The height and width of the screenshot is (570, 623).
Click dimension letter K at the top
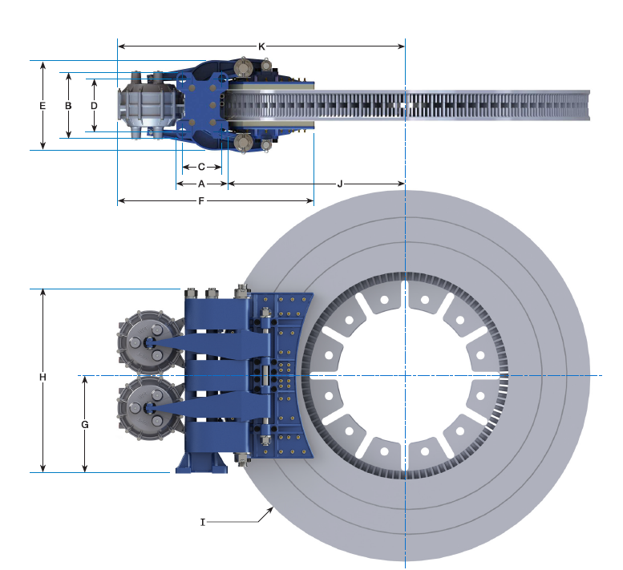pyautogui.click(x=261, y=46)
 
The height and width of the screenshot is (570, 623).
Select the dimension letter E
pyautogui.click(x=42, y=105)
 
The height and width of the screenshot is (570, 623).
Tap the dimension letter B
pyautogui.click(x=69, y=105)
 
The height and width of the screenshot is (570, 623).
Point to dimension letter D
pyautogui.click(x=94, y=105)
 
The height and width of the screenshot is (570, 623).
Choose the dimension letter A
pyautogui.click(x=201, y=184)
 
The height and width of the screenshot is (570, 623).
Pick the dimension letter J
pyautogui.click(x=340, y=184)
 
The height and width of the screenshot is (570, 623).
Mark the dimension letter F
pyautogui.click(x=201, y=200)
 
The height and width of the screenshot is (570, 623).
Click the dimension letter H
pyautogui.click(x=42, y=377)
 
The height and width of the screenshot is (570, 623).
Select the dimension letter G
pyautogui.click(x=84, y=423)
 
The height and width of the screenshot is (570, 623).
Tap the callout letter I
pyautogui.click(x=203, y=522)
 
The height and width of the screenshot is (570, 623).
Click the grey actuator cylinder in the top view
pyautogui.click(x=147, y=105)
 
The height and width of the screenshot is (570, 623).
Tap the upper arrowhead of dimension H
pyautogui.click(x=43, y=293)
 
